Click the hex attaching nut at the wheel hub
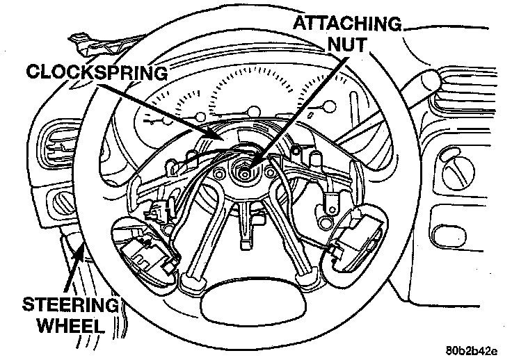click(246, 167)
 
